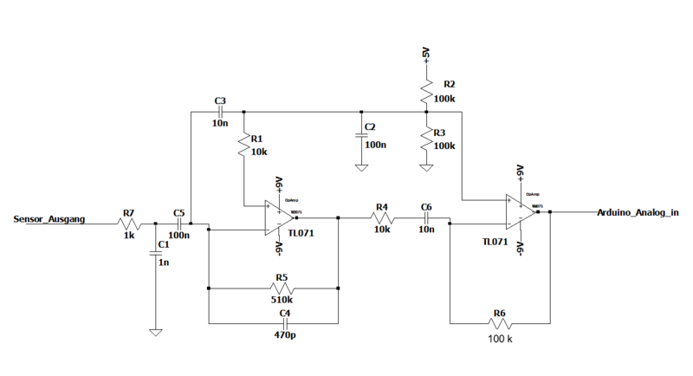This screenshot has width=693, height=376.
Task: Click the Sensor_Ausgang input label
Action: (49, 221)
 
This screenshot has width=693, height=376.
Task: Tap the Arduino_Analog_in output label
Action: (637, 212)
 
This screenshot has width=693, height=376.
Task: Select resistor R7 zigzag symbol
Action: (130, 224)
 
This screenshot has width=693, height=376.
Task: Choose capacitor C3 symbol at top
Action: (221, 111)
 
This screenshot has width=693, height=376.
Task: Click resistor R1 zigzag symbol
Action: (244, 144)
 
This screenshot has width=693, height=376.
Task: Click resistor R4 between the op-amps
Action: (382, 219)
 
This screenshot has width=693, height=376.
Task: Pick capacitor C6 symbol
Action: (426, 219)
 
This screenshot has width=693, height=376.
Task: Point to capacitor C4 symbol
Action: (282, 321)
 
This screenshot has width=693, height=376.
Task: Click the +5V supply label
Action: (425, 55)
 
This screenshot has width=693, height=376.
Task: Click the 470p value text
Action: (282, 334)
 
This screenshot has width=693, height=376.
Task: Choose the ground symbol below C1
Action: (156, 330)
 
